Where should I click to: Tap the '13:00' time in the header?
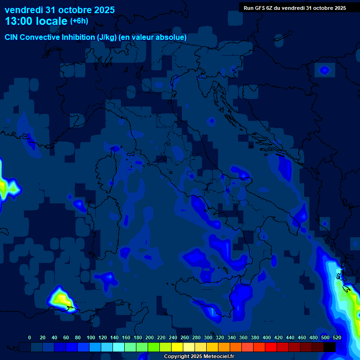(18, 21)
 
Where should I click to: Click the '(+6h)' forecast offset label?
(79, 21)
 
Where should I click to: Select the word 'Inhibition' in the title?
(78, 37)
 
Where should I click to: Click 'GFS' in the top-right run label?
(259, 7)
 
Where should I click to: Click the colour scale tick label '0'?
(30, 337)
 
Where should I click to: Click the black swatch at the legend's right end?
(330, 347)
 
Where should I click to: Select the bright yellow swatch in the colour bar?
(177, 347)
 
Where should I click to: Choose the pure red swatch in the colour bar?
(271, 347)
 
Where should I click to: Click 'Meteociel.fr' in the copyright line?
(216, 357)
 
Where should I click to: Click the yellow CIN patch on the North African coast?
(60, 299)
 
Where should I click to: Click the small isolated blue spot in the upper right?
(324, 70)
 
